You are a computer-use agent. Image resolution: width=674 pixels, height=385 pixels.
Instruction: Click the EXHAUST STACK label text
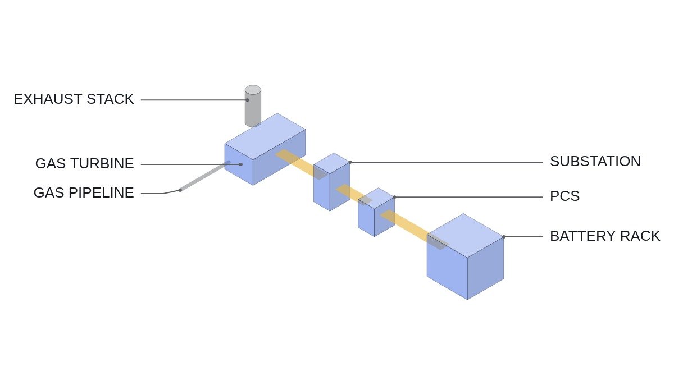coord(74,99)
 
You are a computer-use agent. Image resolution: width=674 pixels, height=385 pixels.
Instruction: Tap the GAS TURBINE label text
coord(85,163)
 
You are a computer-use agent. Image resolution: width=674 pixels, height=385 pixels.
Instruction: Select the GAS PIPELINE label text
coord(84,192)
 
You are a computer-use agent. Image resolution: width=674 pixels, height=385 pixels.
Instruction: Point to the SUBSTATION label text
coord(595,162)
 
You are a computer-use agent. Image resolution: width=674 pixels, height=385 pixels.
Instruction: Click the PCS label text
coord(565,196)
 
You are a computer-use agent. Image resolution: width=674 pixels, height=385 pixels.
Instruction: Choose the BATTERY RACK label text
coord(605,236)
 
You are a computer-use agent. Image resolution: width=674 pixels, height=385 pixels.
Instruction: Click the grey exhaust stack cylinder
coord(253,106)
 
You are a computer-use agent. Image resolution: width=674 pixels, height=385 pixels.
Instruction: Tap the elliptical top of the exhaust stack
coord(253,90)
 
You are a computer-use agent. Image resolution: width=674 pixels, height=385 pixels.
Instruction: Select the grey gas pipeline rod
coord(205,176)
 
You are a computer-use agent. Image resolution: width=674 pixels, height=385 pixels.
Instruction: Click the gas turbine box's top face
coord(265,136)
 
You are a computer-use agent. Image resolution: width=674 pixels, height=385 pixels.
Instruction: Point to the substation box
coord(332,182)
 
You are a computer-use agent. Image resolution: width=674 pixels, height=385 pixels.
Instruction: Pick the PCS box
coord(376,212)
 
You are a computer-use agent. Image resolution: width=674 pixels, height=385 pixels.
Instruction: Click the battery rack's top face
coord(465,235)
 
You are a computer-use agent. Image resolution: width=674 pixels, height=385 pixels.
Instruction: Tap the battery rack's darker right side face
coord(486,268)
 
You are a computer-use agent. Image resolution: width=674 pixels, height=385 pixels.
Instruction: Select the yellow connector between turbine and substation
coord(301,164)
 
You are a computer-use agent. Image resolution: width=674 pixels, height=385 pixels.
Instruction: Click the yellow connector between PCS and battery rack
coord(415,230)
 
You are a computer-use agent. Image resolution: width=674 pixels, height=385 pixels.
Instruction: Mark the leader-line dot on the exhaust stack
coord(247,100)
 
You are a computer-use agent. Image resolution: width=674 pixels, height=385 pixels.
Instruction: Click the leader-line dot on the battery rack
coord(504,237)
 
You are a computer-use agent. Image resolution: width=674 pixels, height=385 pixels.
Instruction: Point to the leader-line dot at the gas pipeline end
coord(180,190)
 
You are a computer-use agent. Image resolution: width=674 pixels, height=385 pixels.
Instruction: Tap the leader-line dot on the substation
coord(350,162)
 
